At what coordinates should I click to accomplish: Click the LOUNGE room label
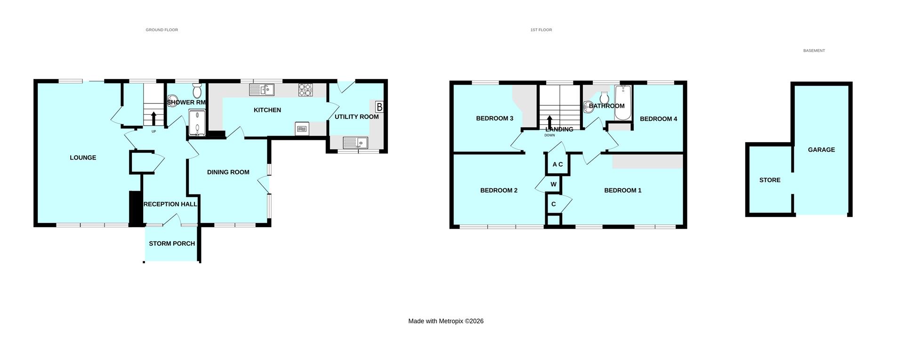click(83, 158)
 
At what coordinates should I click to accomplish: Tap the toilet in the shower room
click(197, 90)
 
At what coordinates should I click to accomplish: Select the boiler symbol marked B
click(379, 107)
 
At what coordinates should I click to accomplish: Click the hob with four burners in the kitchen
click(305, 90)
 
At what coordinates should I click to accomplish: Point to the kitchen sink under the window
click(262, 90)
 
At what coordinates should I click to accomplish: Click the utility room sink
click(355, 142)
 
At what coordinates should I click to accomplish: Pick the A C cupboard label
click(557, 164)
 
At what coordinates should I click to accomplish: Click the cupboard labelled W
click(554, 184)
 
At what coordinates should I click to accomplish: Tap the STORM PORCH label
click(172, 243)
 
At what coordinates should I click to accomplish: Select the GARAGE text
click(821, 150)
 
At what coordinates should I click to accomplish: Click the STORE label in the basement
click(770, 180)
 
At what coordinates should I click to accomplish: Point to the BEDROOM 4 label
click(658, 119)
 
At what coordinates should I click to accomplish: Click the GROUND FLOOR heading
click(161, 30)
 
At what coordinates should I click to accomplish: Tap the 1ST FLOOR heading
click(541, 30)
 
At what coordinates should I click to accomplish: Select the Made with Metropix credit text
click(445, 321)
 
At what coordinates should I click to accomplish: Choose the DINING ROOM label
click(228, 172)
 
